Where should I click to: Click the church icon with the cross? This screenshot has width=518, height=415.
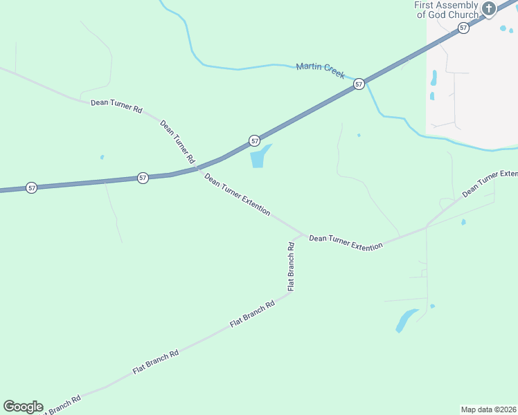[x=489, y=9]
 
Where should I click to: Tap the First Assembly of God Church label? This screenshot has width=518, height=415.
[x=447, y=10]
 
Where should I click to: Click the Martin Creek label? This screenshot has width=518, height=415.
[x=320, y=70]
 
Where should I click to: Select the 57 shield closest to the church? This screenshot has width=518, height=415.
[x=463, y=28]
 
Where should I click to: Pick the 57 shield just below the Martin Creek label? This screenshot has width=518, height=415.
[x=358, y=84]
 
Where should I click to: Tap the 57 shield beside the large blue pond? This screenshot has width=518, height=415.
[x=255, y=140]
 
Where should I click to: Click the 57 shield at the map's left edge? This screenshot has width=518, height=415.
[x=31, y=187]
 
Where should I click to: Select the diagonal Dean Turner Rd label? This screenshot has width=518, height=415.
[x=177, y=141]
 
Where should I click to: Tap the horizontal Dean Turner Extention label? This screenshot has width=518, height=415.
[x=346, y=241]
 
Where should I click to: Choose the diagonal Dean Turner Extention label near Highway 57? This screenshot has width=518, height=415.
[x=237, y=194]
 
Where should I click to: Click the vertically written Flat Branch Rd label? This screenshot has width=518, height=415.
[x=292, y=266]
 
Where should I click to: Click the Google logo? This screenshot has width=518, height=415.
[x=23, y=407]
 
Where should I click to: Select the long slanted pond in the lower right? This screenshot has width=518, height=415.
[x=406, y=320]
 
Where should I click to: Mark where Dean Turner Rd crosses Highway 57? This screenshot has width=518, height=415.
[x=197, y=168]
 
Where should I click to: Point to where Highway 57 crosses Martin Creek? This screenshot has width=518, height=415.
[x=367, y=80]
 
